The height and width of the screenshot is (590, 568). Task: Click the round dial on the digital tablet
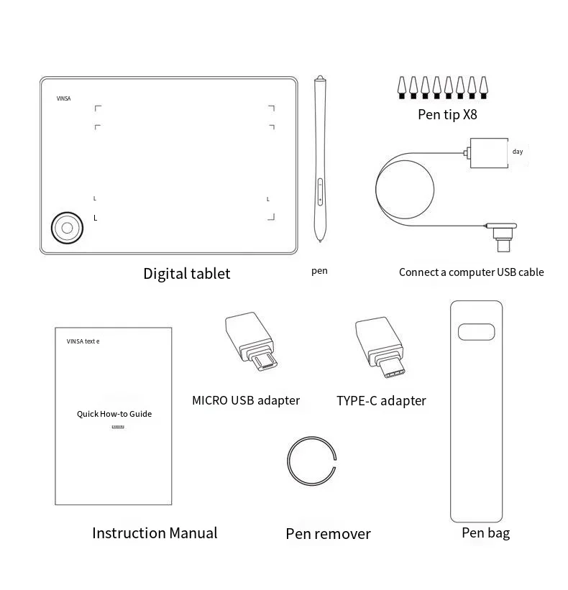pyautogui.click(x=66, y=227)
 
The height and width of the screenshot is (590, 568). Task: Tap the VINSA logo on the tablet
pyautogui.click(x=64, y=98)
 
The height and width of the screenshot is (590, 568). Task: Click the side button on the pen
pyautogui.click(x=320, y=193)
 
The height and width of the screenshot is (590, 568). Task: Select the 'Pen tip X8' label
pyautogui.click(x=447, y=114)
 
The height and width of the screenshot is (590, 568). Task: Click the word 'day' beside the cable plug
pyautogui.click(x=518, y=152)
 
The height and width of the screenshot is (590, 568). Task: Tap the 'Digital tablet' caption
pyautogui.click(x=187, y=273)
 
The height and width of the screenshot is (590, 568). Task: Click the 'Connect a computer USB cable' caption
pyautogui.click(x=471, y=272)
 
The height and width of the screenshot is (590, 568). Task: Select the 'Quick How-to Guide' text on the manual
pyautogui.click(x=114, y=414)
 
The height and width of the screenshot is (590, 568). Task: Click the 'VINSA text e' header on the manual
pyautogui.click(x=83, y=341)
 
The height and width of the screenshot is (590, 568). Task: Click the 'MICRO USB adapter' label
pyautogui.click(x=246, y=400)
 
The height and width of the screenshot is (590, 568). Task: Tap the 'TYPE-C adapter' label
pyautogui.click(x=381, y=401)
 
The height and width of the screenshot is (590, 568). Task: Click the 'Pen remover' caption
pyautogui.click(x=328, y=533)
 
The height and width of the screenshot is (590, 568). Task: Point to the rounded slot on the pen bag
pyautogui.click(x=476, y=331)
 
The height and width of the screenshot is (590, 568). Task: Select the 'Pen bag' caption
pyautogui.click(x=485, y=533)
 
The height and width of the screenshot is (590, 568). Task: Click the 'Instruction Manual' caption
pyautogui.click(x=155, y=533)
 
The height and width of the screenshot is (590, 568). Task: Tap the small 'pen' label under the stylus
pyautogui.click(x=319, y=271)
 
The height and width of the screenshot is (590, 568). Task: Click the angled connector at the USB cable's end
pyautogui.click(x=502, y=236)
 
